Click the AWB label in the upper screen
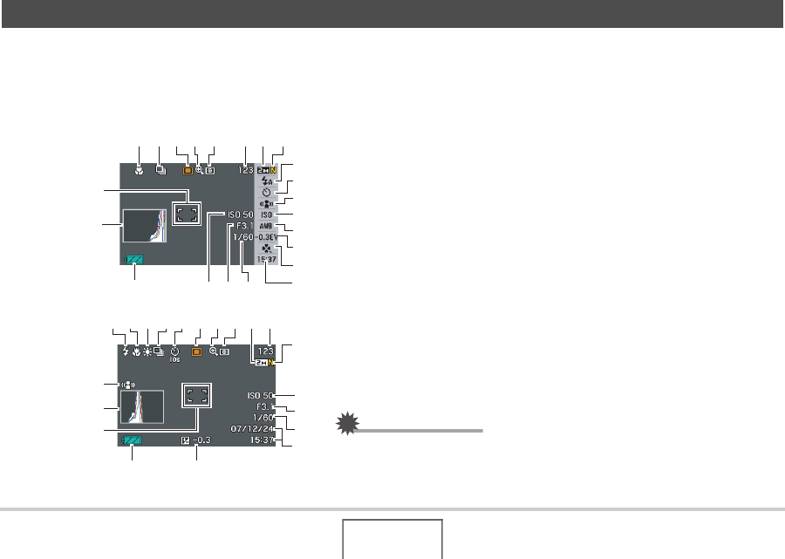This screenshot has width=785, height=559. (x=265, y=225)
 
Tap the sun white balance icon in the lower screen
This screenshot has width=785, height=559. (x=147, y=351)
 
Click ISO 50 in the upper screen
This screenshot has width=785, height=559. (x=240, y=215)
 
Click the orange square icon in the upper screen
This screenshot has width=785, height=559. (x=188, y=171)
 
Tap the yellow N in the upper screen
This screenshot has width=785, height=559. (x=274, y=170)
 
